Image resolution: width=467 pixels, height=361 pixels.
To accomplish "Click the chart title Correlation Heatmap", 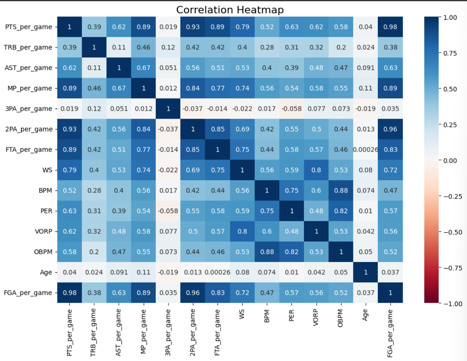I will [x=230, y=9].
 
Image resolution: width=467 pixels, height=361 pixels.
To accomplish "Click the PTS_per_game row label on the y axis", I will [x=29, y=27].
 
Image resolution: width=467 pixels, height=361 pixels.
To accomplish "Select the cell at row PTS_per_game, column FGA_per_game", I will [x=390, y=27].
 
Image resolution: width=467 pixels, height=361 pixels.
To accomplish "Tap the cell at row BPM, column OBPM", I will [x=341, y=190].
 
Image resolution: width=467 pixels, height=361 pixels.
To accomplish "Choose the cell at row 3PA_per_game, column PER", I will [x=291, y=109].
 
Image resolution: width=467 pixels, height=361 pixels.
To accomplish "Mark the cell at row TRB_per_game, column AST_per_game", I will [x=119, y=47].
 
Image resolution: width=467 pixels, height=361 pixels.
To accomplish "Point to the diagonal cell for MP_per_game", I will [x=143, y=88].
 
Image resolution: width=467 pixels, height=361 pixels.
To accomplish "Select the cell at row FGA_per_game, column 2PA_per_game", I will [x=192, y=293].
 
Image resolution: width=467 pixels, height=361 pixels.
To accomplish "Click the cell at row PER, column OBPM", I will [x=341, y=211].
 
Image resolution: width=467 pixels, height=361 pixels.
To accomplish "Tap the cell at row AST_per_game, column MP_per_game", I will [x=143, y=68].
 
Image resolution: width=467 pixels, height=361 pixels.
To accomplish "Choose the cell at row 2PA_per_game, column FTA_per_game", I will [x=217, y=129].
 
